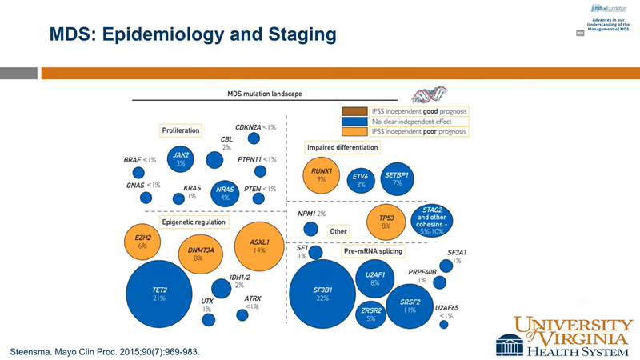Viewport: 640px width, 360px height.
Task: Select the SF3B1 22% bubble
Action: point(322,294)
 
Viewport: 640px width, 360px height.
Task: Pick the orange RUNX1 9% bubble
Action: point(321,176)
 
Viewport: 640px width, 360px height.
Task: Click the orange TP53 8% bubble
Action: point(386,222)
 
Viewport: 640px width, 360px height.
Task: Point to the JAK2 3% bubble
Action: point(181,158)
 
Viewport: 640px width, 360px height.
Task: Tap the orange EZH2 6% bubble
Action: point(142,242)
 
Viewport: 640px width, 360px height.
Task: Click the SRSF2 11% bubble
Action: point(409,305)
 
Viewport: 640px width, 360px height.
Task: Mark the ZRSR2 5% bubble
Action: point(370,314)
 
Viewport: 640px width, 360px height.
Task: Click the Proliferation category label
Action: point(181,130)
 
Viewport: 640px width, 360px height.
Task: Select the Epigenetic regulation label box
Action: point(194,222)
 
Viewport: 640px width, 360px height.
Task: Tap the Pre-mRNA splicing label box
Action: point(372,251)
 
